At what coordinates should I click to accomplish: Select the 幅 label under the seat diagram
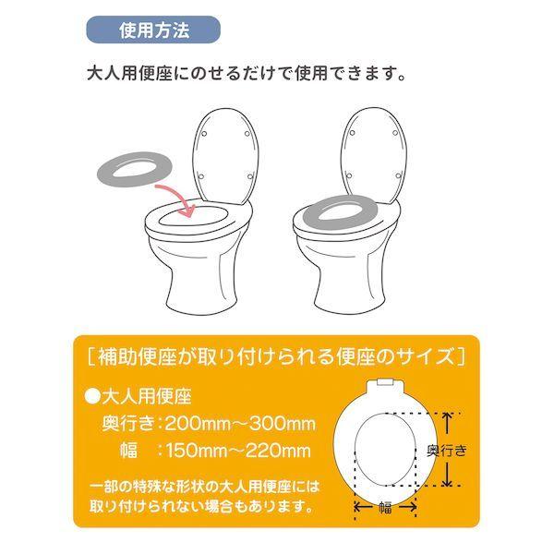(385, 506)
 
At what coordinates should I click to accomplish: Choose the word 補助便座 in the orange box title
(126, 355)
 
